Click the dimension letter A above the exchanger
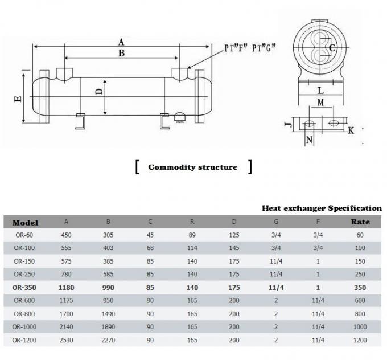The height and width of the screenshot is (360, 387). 121,42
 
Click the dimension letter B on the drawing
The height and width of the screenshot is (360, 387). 121,54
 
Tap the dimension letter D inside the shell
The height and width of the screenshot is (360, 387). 98,91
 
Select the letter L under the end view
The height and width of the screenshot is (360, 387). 320,91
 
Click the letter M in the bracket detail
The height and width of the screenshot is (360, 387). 321,103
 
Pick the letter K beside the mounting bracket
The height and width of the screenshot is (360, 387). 351,130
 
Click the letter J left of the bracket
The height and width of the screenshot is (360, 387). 287,124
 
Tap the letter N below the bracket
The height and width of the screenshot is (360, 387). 309,140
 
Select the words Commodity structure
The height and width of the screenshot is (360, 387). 192,167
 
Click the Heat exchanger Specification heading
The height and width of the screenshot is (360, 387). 322,208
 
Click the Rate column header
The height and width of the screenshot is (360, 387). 360,222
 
